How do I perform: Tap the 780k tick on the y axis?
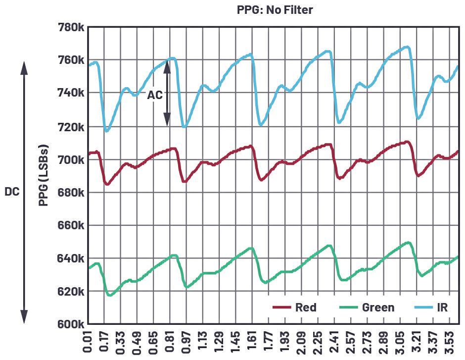(x=70, y=27)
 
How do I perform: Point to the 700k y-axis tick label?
(x=70, y=160)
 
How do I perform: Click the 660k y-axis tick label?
(x=70, y=226)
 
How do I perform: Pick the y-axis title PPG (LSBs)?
(x=45, y=176)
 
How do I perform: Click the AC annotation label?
(x=155, y=95)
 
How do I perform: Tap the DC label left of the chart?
(x=12, y=192)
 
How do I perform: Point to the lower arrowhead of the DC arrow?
(x=24, y=317)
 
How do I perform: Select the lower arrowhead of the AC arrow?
(x=167, y=120)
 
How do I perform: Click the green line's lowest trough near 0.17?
(x=110, y=296)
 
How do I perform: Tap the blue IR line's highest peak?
(x=407, y=47)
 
